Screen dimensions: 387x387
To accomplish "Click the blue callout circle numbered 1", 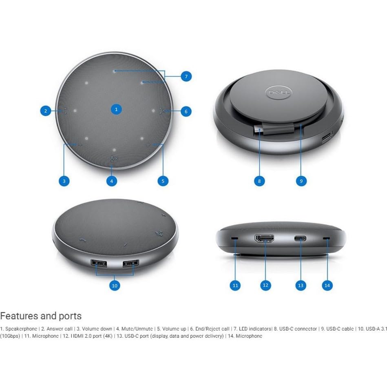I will pos(117,109).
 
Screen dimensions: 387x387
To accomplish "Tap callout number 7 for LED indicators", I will pos(186,76).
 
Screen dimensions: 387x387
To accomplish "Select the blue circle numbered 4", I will pos(112,181).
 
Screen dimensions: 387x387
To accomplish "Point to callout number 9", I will pos(301,181).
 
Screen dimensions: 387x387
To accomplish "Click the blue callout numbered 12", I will pos(266,285).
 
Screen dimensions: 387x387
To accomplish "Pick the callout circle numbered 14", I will pos(327,285).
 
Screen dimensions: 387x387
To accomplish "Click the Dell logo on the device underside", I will pos(278,93).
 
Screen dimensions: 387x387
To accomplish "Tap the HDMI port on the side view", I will pos(264,239).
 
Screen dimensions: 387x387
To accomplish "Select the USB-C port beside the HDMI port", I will pos(301,238).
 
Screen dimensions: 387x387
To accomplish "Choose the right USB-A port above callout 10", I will pos(130,264).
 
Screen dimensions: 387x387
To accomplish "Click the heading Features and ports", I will pos(41,316).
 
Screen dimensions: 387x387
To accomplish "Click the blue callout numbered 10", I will pos(115,286).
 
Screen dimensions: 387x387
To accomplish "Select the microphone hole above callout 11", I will pos(234,238).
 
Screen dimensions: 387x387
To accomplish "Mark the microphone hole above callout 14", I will pos(326,238).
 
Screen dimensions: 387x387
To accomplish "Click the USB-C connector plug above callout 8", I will pos(259,131).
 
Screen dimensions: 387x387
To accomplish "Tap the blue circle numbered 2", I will pos(46,111).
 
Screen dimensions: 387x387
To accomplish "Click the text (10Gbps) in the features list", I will pos(11,336).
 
